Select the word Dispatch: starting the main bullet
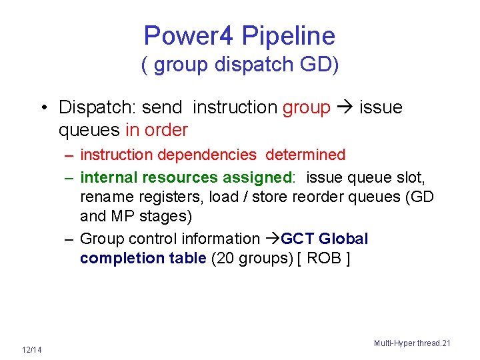(x=97, y=107)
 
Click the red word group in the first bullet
(x=307, y=107)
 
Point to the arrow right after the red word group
(x=345, y=107)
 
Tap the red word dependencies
(x=207, y=155)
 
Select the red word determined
(x=305, y=155)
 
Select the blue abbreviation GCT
(x=297, y=239)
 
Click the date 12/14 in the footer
(x=31, y=350)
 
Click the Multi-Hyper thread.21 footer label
(x=412, y=343)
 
